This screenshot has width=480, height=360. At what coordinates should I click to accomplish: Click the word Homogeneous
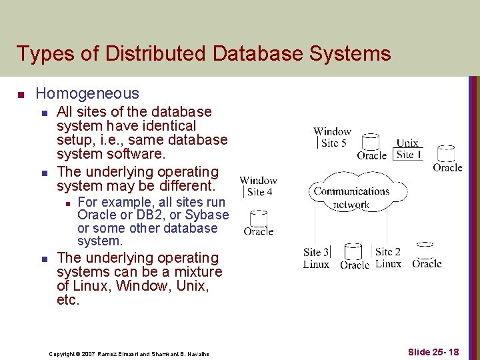pos(87,94)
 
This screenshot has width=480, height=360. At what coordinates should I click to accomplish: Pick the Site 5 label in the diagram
pos(333,143)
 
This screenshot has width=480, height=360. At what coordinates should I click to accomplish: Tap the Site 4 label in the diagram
pos(259,192)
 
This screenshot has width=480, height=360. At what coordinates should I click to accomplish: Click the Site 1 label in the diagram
pos(409,154)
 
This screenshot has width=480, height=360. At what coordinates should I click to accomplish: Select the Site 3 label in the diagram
pos(316,252)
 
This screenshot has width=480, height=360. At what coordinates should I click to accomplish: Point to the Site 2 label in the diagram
pos(388,251)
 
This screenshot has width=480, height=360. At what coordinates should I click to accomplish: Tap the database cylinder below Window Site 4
pos(257,218)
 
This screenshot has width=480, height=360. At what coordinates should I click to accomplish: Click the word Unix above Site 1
pos(407,143)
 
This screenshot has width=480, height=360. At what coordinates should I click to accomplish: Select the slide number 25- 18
pos(433,351)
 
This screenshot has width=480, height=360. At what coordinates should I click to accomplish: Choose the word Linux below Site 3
pos(316,264)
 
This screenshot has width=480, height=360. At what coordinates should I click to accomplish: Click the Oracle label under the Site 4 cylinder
pos(258,232)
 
